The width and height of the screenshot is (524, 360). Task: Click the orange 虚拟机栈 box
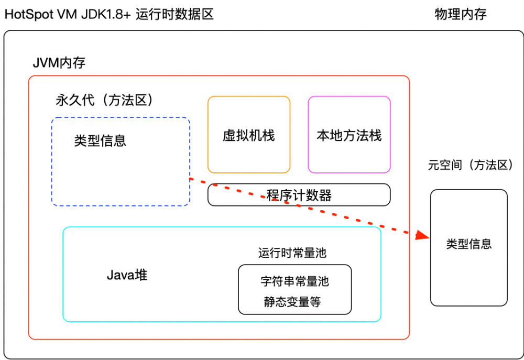[x=249, y=135]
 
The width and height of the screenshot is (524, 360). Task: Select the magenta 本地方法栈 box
[x=349, y=135]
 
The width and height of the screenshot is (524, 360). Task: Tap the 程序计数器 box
[x=299, y=195]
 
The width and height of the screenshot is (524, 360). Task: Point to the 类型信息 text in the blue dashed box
[x=100, y=140]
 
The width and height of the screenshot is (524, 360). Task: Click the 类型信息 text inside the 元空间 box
[x=469, y=244]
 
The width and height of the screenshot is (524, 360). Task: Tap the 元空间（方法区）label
[x=471, y=166]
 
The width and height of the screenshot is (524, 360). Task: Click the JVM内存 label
[x=59, y=63]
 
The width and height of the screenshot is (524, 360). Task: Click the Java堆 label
[x=127, y=275]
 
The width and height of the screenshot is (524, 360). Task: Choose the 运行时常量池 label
[x=292, y=253]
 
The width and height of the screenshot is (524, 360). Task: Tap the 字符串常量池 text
[x=294, y=281]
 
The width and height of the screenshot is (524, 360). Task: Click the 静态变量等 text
[x=292, y=302]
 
